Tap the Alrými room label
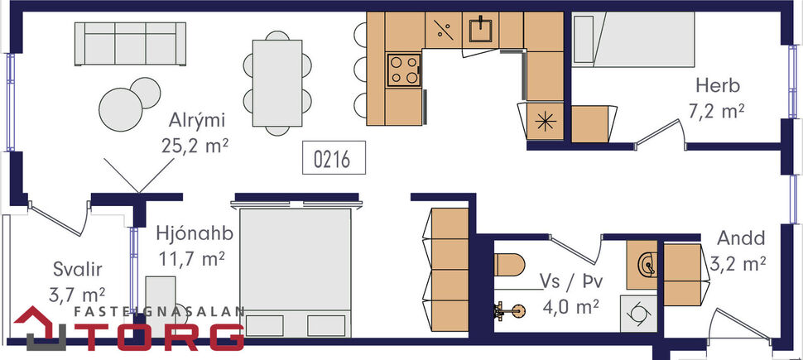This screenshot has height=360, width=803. pos(195,120)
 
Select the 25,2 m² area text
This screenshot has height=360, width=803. pos(195,146)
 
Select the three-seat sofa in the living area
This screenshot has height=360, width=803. pos(128,43)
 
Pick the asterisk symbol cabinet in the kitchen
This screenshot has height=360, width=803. pos(545,120)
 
